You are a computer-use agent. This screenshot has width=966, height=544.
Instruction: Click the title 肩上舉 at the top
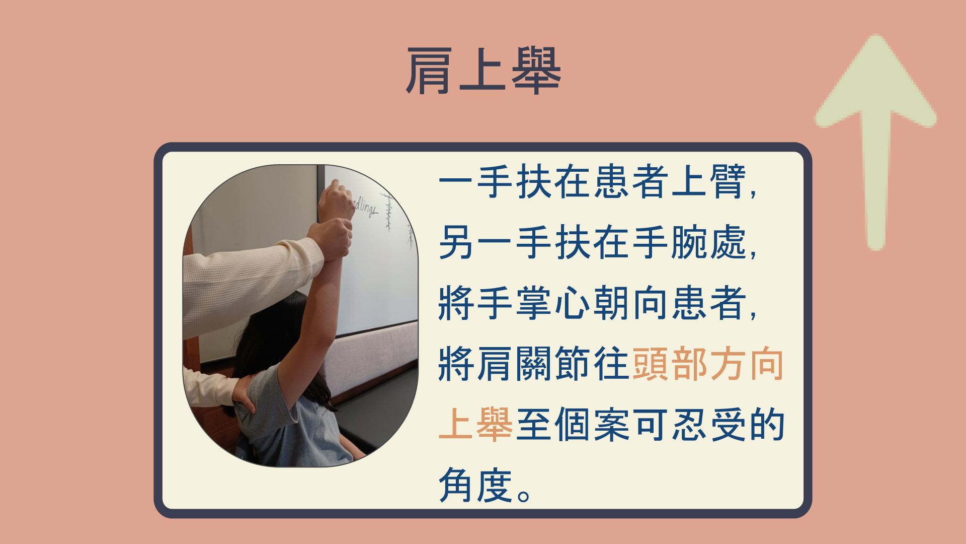pyautogui.click(x=483, y=71)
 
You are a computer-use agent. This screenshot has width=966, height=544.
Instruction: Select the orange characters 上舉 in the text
pyautogui.click(x=475, y=424)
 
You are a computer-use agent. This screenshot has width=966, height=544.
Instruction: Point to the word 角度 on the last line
pyautogui.click(x=475, y=485)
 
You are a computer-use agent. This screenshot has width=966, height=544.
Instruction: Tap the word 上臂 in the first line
pyautogui.click(x=708, y=181)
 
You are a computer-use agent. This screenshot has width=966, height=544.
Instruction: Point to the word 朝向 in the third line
pyautogui.click(x=631, y=303)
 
